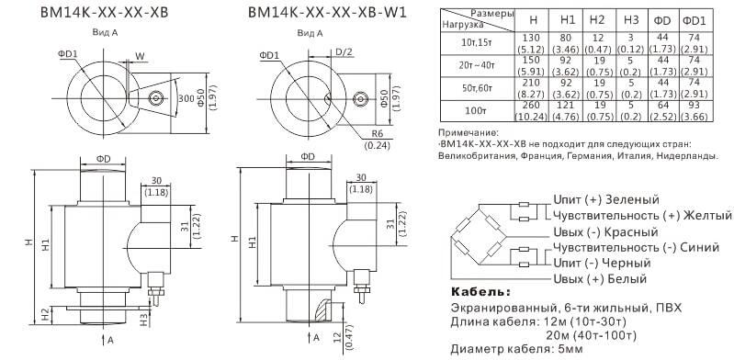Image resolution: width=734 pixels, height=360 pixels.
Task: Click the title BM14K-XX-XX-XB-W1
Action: (327, 13)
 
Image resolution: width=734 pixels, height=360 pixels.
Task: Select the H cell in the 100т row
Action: (531, 111)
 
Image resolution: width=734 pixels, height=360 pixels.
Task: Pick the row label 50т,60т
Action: (477, 89)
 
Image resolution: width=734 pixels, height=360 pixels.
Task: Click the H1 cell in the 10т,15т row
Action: (567, 42)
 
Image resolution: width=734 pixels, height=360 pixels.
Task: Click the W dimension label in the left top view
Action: (140, 56)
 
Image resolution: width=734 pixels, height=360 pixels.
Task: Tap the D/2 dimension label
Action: (344, 51)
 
